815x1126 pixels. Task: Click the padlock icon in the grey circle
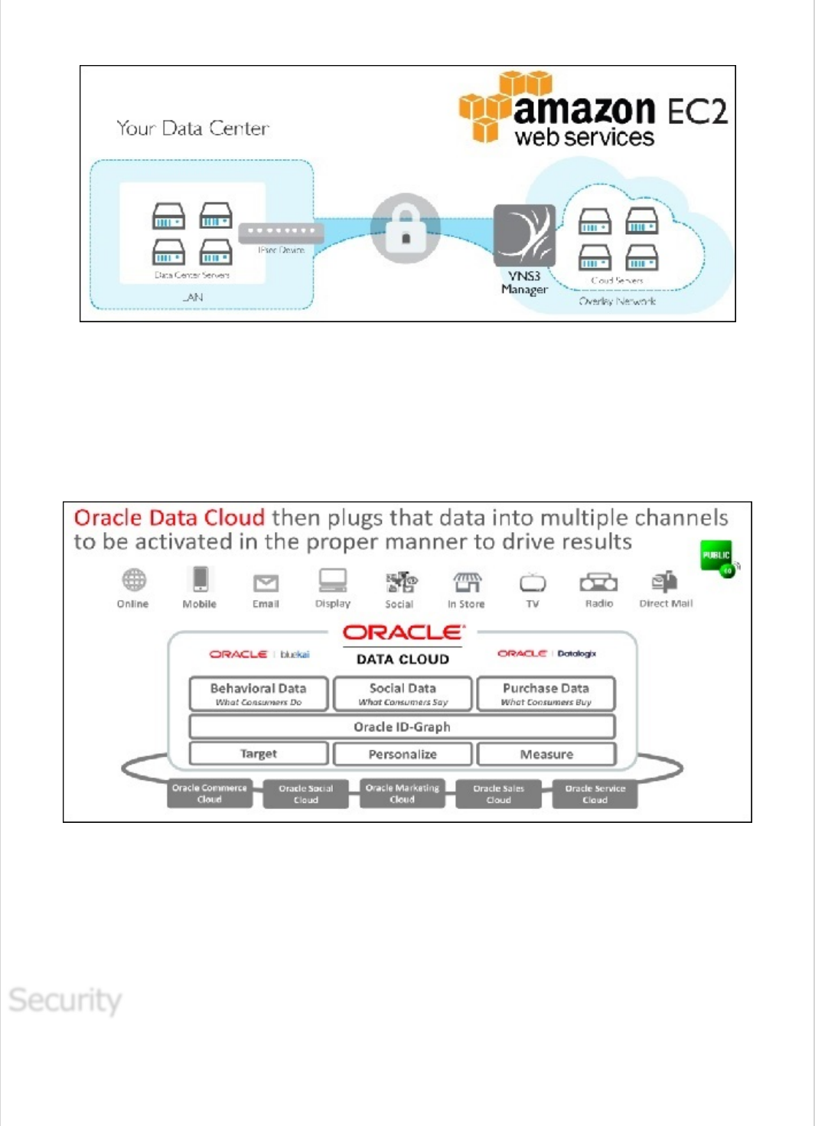pos(406,229)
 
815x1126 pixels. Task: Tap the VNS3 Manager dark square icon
pos(524,235)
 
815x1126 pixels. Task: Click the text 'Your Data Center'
pos(193,128)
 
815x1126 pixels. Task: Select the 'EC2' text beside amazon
pos(696,112)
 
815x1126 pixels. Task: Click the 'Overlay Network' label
pos(617,301)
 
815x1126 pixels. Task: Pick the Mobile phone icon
pos(200,579)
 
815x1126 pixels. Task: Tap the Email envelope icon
pos(266,583)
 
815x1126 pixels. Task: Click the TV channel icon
pos(533,583)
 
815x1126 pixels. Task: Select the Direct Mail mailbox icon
pos(664,582)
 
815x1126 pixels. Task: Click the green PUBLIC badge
pos(717,556)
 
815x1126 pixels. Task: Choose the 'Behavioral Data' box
pos(259,693)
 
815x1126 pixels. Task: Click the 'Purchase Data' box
pos(546,693)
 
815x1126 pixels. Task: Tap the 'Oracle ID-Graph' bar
pos(402,726)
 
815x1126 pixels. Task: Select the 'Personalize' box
pos(403,754)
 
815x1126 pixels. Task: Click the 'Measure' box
pos(546,754)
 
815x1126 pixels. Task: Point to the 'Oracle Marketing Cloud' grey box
pos(402,794)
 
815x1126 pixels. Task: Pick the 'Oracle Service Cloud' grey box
pos(595,794)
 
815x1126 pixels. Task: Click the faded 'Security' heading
pos(65,1000)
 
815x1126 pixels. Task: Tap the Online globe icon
pos(134,580)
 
